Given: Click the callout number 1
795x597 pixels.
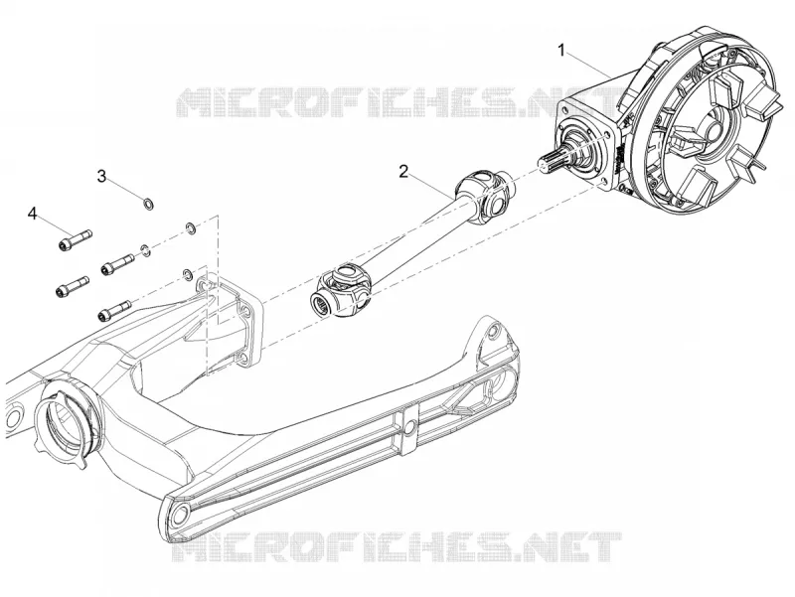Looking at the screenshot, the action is tap(561, 51).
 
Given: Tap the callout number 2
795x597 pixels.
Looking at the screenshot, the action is tap(403, 172).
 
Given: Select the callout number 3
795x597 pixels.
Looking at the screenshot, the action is tap(102, 177).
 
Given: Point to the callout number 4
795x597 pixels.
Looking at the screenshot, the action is tap(33, 214).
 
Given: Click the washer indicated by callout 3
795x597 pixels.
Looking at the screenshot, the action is tap(149, 205).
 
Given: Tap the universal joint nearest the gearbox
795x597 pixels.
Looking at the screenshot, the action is tap(484, 197).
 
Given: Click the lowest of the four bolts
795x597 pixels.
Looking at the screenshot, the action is tap(114, 310).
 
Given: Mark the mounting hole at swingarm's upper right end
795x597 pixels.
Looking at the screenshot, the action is tap(490, 332).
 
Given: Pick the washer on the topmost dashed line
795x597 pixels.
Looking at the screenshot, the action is tap(191, 227).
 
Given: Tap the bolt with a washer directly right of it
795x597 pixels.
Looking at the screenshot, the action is tap(118, 263).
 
